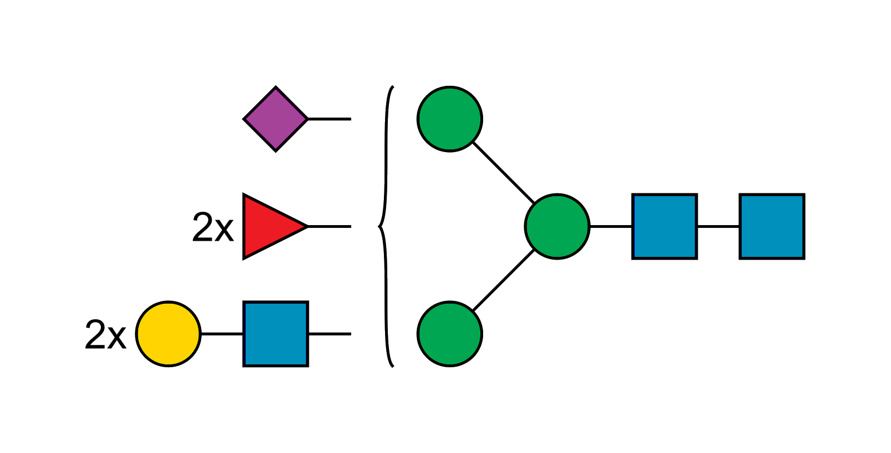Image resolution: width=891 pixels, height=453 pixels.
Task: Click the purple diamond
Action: point(276,119)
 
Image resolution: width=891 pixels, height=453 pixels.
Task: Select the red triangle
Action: point(269,227)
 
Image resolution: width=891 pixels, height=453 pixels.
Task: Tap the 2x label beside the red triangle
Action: point(213,227)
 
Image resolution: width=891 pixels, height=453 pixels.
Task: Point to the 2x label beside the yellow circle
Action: point(106,335)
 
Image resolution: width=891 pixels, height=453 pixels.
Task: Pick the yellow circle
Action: point(168,334)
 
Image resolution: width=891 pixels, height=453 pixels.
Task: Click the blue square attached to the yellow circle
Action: point(276,334)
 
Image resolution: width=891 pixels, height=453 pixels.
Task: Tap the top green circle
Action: point(450,119)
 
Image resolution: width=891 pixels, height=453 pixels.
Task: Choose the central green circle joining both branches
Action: point(557,226)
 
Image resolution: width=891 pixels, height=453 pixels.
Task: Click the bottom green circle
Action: point(450,334)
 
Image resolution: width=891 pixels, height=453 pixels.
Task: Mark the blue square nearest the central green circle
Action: point(665,226)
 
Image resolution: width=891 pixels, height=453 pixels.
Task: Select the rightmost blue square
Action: point(772,226)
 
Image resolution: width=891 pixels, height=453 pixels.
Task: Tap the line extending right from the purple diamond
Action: point(329,119)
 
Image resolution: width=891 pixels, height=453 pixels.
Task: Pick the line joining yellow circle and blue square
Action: point(222,333)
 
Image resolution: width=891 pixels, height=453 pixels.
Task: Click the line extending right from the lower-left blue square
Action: point(329,333)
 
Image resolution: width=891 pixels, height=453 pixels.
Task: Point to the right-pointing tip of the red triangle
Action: point(305,227)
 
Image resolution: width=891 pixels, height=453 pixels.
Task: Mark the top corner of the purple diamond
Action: point(276,88)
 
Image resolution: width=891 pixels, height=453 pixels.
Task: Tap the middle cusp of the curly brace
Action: point(378,227)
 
